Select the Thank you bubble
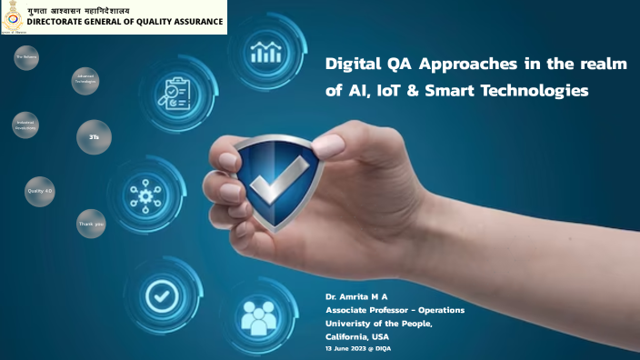pos(92,223)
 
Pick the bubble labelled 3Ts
pos(94,137)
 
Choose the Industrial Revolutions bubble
pos(25,125)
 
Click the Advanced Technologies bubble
pos(85,79)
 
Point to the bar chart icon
pos(266,51)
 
